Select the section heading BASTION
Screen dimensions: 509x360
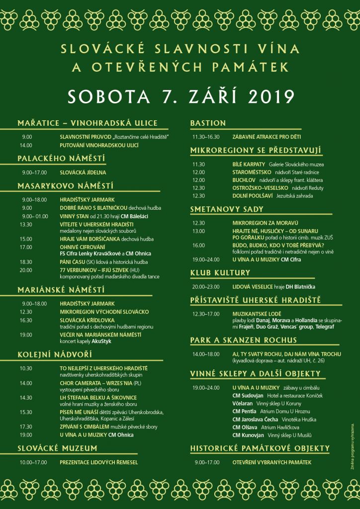coord(208,123)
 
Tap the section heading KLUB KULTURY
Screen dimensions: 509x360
coord(220,273)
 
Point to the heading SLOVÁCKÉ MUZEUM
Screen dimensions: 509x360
coord(57,448)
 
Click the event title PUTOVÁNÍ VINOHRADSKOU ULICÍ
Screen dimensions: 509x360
coord(99,145)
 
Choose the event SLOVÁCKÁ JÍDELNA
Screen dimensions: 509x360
coord(83,172)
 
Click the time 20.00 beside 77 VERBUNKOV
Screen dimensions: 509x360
coord(26,270)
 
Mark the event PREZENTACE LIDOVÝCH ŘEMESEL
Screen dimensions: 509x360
coord(98,462)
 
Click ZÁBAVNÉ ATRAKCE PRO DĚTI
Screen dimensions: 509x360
coord(267,137)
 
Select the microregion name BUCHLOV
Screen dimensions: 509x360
coord(244,180)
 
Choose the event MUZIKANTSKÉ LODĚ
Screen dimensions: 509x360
coord(257,314)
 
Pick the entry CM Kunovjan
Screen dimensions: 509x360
coord(248,435)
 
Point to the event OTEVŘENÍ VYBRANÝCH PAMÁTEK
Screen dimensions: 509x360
coord(271,462)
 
